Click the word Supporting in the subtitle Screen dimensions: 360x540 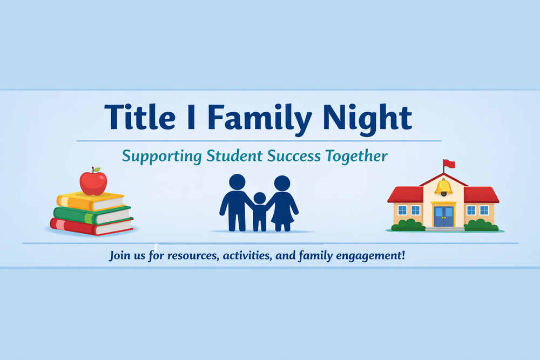click(x=162, y=157)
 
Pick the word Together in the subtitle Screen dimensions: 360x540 click(x=357, y=157)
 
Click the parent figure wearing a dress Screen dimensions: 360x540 click(x=282, y=204)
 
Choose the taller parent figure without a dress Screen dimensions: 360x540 click(x=236, y=203)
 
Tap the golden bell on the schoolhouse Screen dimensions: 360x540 click(x=443, y=187)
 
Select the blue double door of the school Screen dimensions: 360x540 click(x=443, y=216)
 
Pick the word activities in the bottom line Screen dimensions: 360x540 click(x=246, y=255)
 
